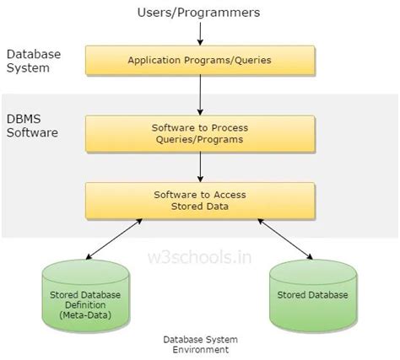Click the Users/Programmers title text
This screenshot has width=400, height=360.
(200, 13)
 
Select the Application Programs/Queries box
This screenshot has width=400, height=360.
(201, 61)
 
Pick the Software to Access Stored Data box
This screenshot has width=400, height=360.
(201, 199)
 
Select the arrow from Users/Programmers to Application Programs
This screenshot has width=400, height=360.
(200, 33)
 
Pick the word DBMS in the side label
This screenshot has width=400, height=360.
(24, 121)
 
